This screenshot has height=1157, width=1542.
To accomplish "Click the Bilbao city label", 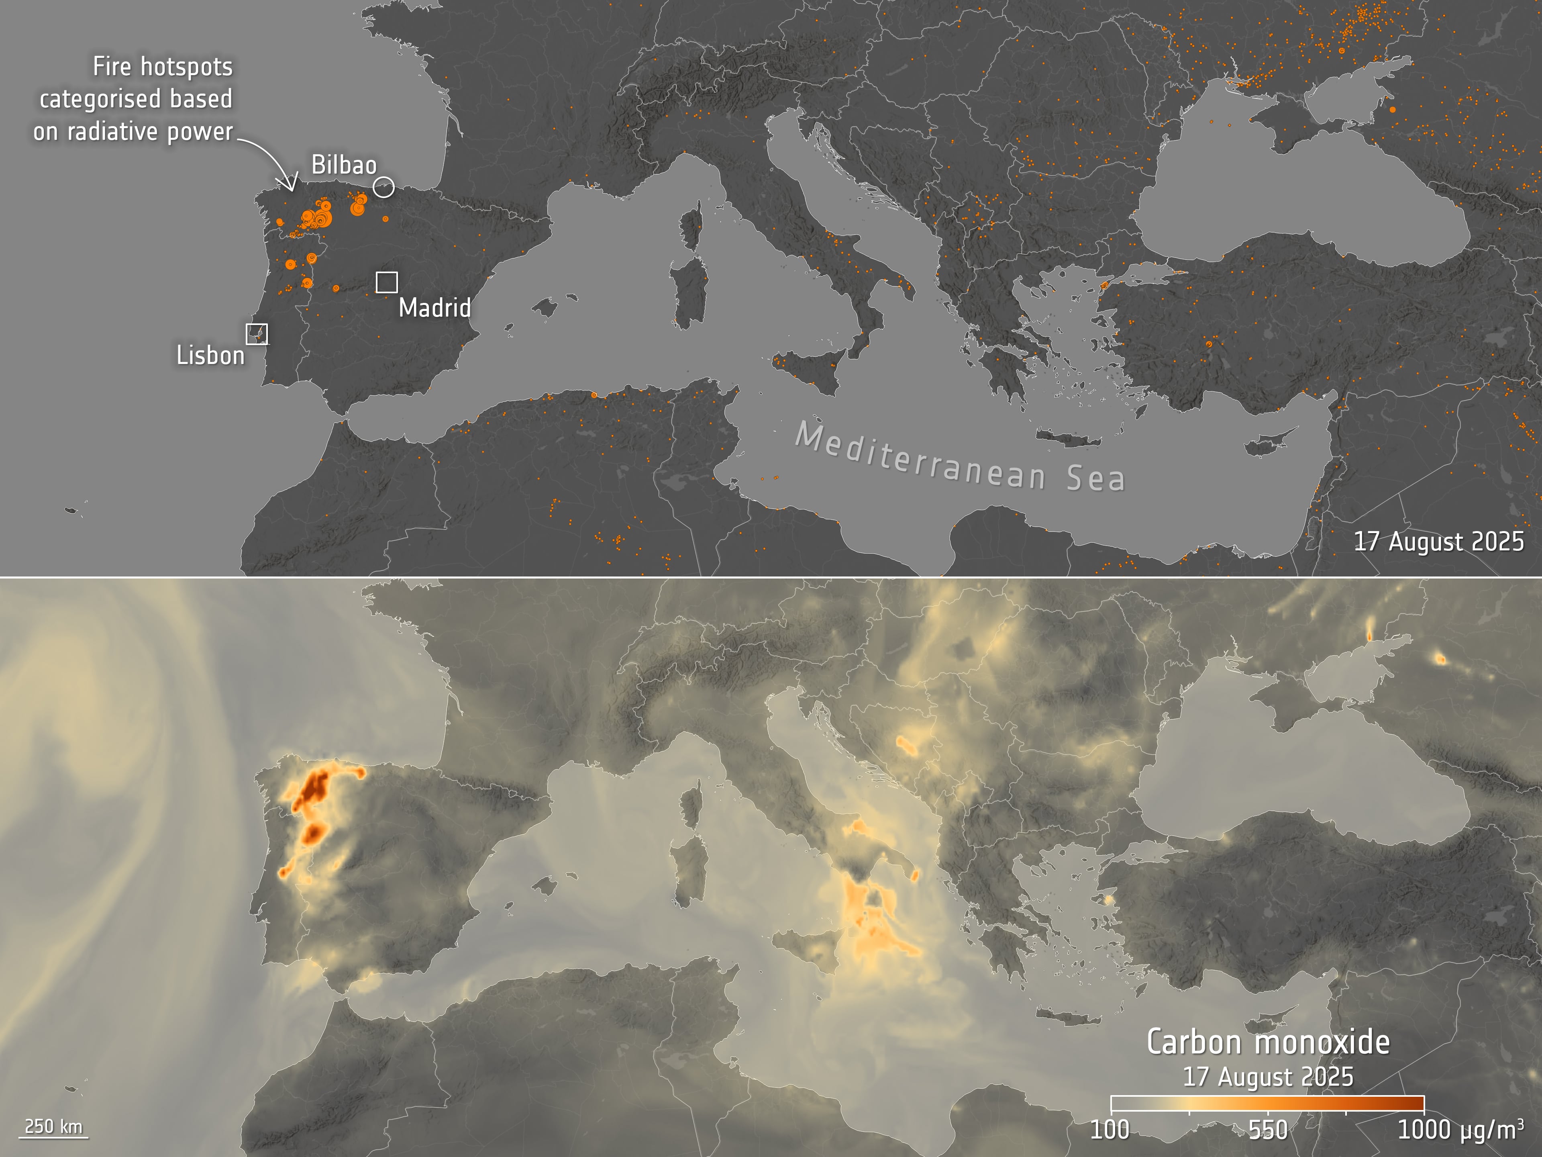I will coord(344,165).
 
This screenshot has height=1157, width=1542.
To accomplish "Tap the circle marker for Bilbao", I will coord(383,187).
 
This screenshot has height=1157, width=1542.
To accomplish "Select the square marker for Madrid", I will coord(387,282).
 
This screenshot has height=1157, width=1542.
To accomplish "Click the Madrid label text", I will coord(434,308).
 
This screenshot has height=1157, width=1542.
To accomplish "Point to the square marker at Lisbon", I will coord(257,334).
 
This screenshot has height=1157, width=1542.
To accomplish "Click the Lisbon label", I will coord(210,356).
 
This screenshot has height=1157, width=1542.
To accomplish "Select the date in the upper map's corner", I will coord(1438,542).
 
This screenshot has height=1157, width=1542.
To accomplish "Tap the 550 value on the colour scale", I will coord(1267,1130).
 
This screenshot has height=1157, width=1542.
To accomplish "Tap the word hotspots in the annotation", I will coord(186,67).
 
